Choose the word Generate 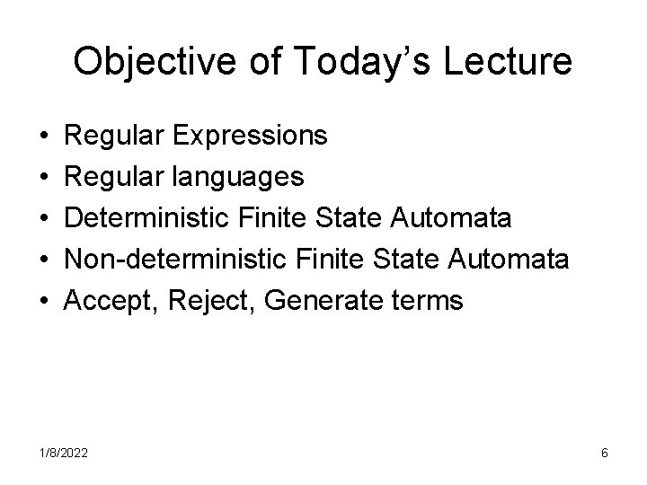[321, 302]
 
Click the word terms [427, 302]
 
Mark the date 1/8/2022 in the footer [63, 454]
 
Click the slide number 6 [605, 454]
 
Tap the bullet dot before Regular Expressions [44, 137]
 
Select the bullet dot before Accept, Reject [44, 302]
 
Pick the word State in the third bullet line [359, 219]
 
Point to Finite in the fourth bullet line [335, 260]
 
